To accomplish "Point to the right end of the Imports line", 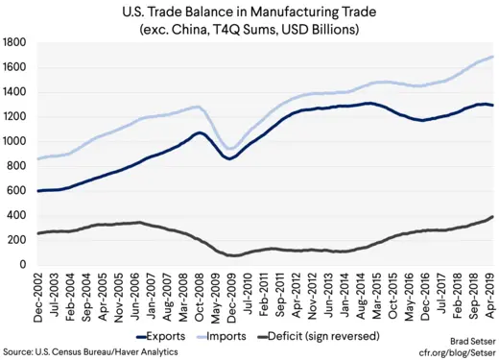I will tap(493, 57).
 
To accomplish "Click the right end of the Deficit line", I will tap(493, 217).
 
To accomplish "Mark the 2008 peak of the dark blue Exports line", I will tap(199, 132).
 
